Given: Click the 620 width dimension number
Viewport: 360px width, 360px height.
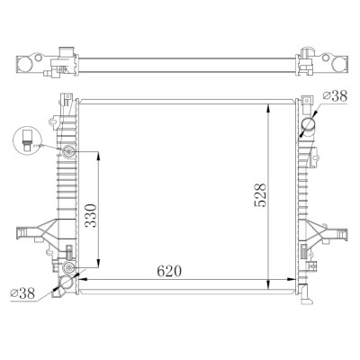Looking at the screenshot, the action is tap(169, 271).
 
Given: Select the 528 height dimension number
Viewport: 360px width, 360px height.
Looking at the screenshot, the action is tap(260, 195).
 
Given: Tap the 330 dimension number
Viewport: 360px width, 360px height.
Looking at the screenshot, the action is tap(91, 216).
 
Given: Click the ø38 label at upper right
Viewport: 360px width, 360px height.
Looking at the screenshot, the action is tap(335, 96).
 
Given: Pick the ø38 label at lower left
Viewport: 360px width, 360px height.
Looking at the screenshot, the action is tap(22, 293).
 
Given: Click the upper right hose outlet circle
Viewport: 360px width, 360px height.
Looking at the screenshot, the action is tap(308, 125).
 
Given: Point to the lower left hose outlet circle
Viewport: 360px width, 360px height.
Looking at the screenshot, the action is tap(66, 283).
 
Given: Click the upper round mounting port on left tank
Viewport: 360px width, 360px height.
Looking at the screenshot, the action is tap(69, 152).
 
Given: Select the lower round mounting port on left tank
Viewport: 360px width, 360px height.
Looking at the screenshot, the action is tap(69, 267).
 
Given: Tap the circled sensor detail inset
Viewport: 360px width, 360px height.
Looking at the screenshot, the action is tap(27, 140).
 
